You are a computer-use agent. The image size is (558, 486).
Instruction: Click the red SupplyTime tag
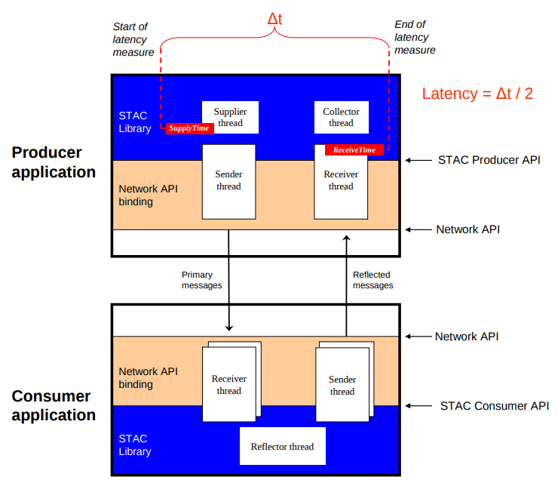[189, 129]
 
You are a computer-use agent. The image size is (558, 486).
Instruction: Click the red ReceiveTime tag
[354, 150]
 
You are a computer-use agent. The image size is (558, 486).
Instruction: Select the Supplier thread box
[230, 117]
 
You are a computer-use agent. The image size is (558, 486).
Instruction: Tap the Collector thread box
[341, 117]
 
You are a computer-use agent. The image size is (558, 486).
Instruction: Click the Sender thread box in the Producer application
[228, 181]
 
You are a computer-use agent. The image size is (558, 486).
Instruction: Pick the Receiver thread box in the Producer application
[341, 181]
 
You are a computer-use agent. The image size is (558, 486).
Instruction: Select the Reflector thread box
[282, 446]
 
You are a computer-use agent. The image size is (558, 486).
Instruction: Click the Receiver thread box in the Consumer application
[228, 384]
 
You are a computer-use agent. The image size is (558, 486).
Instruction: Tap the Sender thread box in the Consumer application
[342, 385]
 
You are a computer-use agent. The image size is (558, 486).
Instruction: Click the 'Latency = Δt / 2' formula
[477, 94]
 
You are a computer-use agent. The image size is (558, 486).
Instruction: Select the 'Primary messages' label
[202, 280]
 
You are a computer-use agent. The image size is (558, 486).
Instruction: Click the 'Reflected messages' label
[373, 280]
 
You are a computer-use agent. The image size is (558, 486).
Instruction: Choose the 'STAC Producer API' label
[489, 160]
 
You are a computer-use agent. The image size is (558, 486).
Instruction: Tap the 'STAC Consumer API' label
[494, 406]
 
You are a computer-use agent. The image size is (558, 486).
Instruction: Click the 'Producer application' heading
[54, 162]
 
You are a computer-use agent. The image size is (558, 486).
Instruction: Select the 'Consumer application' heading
[54, 406]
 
